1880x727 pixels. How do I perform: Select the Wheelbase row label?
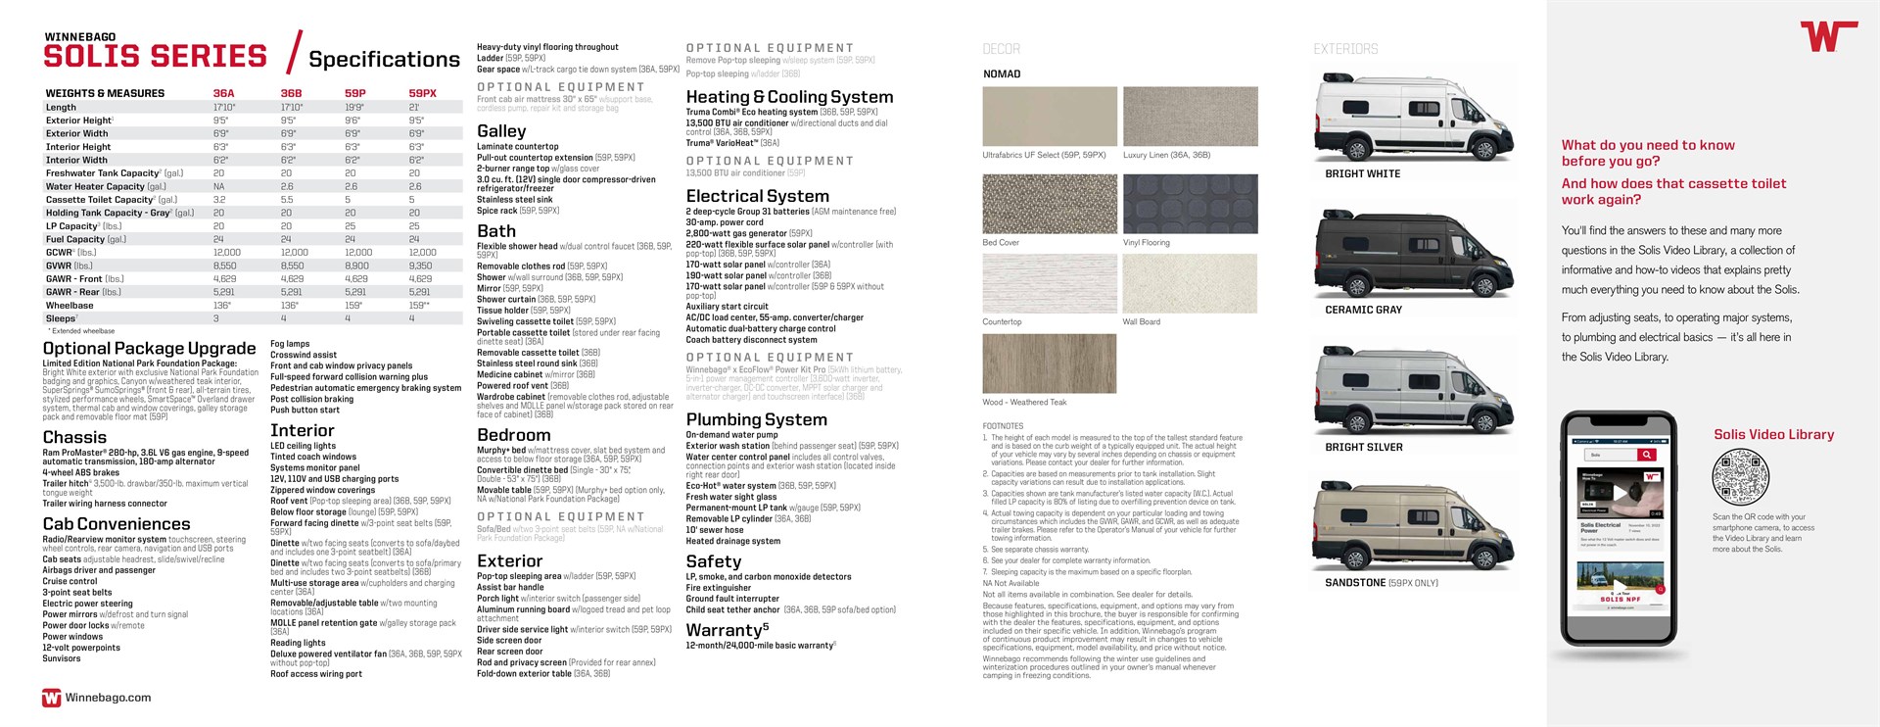70,305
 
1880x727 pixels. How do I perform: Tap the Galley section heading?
501,131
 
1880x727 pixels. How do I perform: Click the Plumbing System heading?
756,419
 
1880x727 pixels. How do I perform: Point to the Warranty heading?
727,630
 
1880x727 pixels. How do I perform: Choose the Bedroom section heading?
513,435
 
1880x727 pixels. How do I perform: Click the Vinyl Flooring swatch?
1190,203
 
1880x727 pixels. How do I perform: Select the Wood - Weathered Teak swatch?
1049,363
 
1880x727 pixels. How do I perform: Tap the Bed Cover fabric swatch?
1049,203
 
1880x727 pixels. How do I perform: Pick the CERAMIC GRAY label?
1363,310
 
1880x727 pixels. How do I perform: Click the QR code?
1740,477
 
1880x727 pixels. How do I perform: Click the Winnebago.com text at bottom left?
108,698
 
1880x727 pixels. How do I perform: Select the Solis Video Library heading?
1773,434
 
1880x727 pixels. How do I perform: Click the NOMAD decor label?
1002,74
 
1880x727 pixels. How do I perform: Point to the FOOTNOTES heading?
1003,426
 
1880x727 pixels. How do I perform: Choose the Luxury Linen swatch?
1190,117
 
